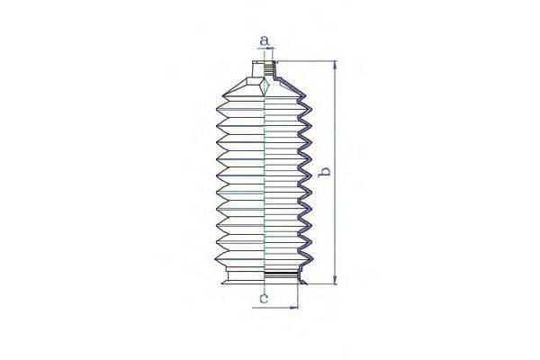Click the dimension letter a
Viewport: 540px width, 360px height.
click(264, 40)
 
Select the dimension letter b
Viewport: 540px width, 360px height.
click(327, 172)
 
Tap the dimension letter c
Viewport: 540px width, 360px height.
click(264, 297)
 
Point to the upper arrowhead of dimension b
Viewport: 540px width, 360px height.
click(335, 66)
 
